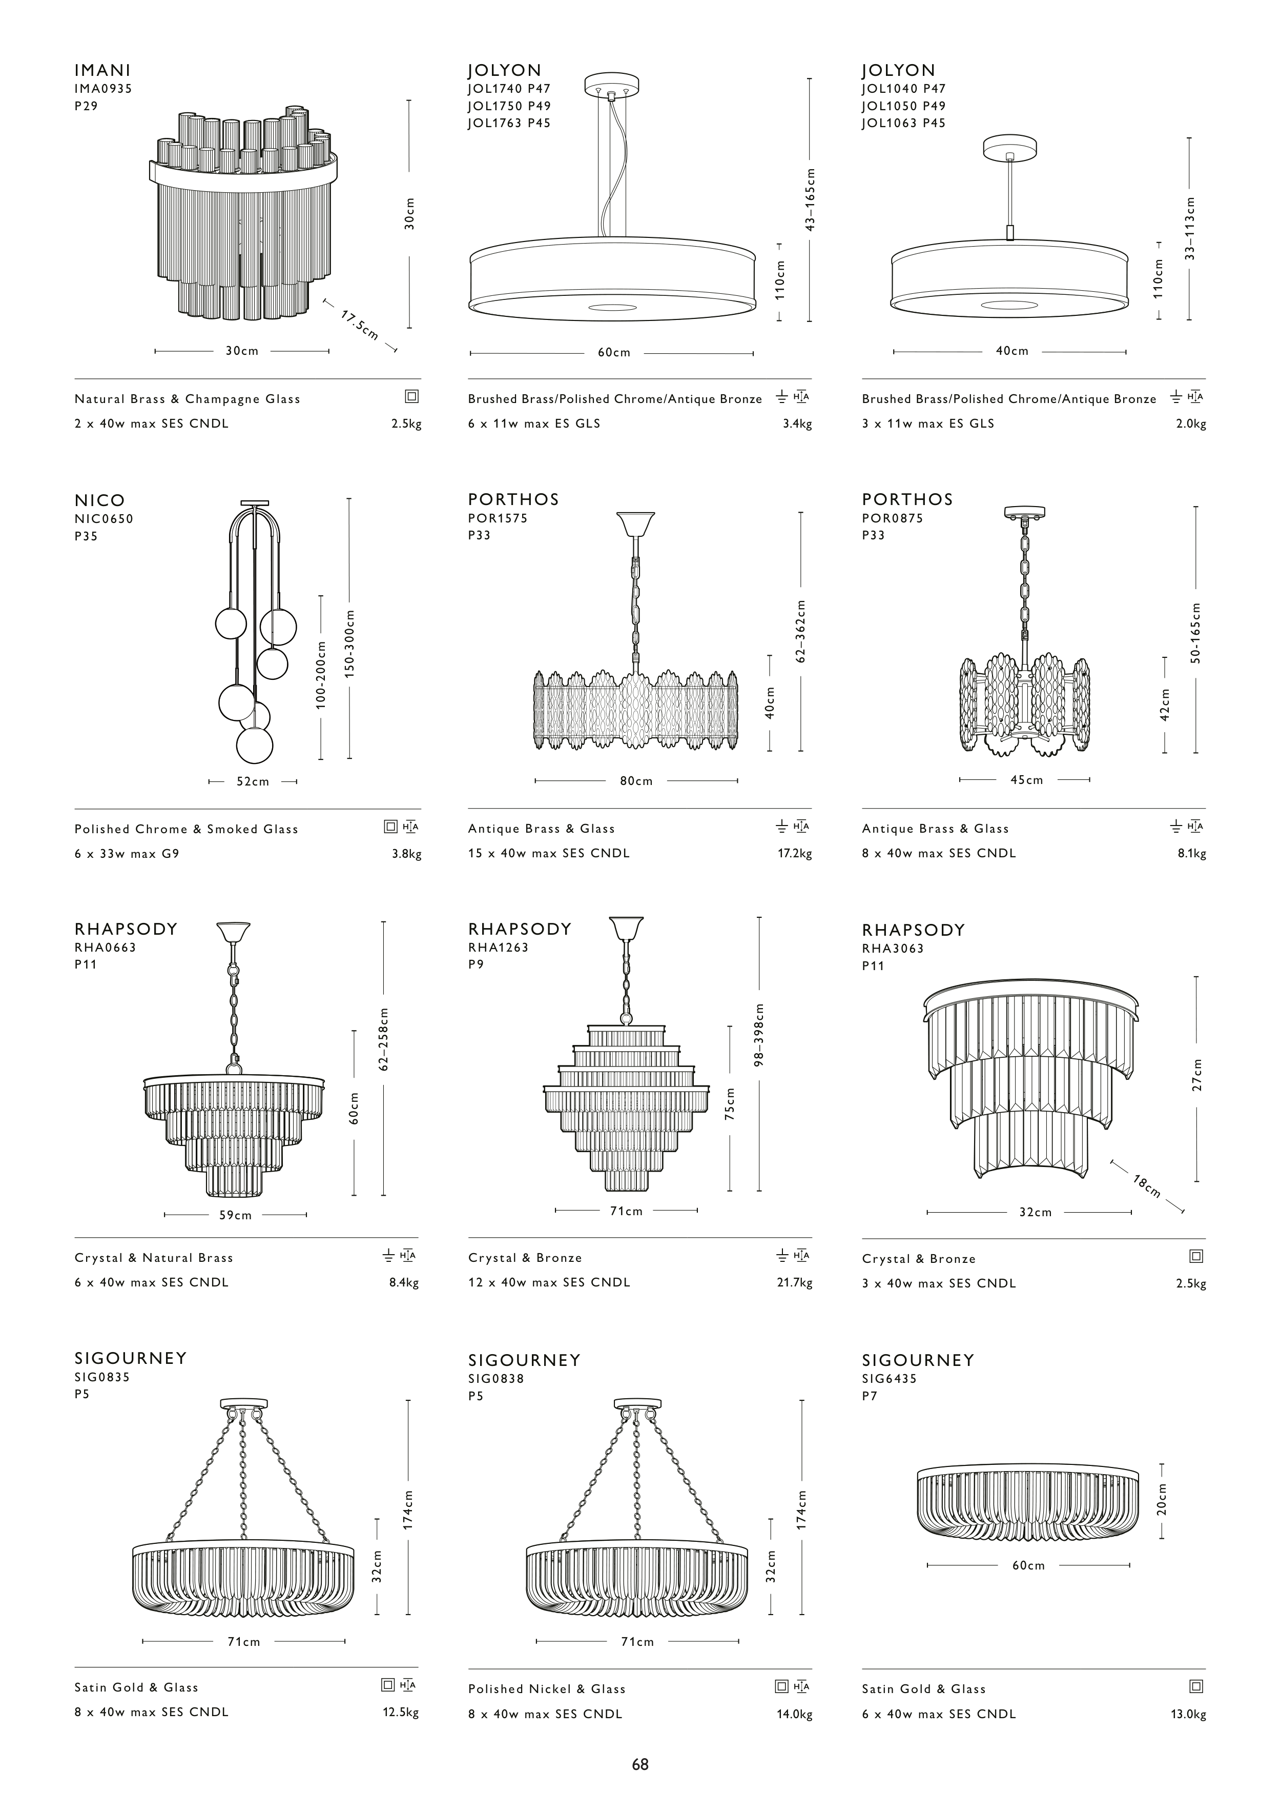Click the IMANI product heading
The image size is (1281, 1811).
pyautogui.click(x=102, y=70)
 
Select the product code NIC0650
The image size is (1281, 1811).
pyautogui.click(x=104, y=518)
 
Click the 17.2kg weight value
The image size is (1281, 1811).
pyautogui.click(x=794, y=853)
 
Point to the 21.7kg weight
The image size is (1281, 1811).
pyautogui.click(x=794, y=1282)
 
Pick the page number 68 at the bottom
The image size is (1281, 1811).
pyautogui.click(x=639, y=1764)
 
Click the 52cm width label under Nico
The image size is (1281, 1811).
pyautogui.click(x=253, y=781)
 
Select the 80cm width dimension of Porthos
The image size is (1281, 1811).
pyautogui.click(x=636, y=780)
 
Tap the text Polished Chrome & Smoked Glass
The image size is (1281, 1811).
pyautogui.click(x=186, y=829)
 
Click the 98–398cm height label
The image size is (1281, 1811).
pyautogui.click(x=759, y=1035)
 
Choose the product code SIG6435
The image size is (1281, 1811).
pyautogui.click(x=890, y=1379)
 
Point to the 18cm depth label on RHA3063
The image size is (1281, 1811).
pyautogui.click(x=1147, y=1185)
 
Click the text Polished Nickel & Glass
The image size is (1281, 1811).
pyautogui.click(x=547, y=1688)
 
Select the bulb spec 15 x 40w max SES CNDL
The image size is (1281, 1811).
pyautogui.click(x=549, y=853)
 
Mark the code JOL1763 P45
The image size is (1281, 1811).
pyautogui.click(x=509, y=123)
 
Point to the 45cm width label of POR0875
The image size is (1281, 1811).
pyautogui.click(x=1027, y=780)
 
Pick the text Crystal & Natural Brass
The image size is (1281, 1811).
pyautogui.click(x=154, y=1258)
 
